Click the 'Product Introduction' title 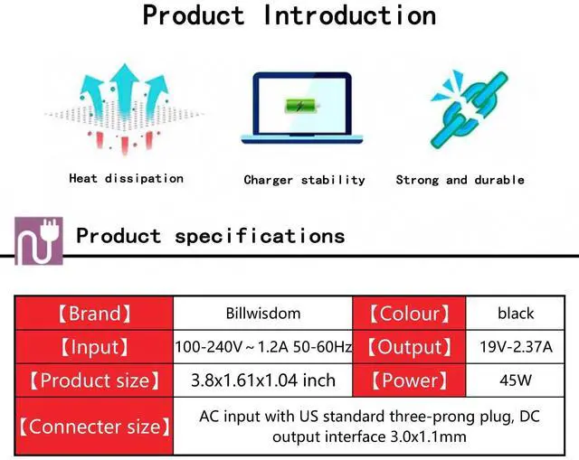click(x=289, y=16)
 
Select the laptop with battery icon click(x=297, y=108)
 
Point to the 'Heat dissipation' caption click(x=126, y=179)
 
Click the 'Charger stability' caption click(x=304, y=180)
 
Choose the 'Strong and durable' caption click(x=460, y=180)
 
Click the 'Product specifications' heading click(x=211, y=237)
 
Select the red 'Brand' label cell click(x=94, y=314)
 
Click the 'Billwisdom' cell click(x=262, y=314)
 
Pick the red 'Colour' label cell click(x=409, y=314)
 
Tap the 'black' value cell click(x=516, y=314)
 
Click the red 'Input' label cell click(x=94, y=347)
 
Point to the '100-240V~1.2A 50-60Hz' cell click(x=262, y=347)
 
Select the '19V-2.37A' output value click(x=516, y=347)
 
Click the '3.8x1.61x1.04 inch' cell click(x=262, y=380)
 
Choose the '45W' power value click(x=516, y=380)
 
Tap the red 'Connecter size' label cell click(x=94, y=426)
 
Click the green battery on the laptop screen click(x=297, y=107)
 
